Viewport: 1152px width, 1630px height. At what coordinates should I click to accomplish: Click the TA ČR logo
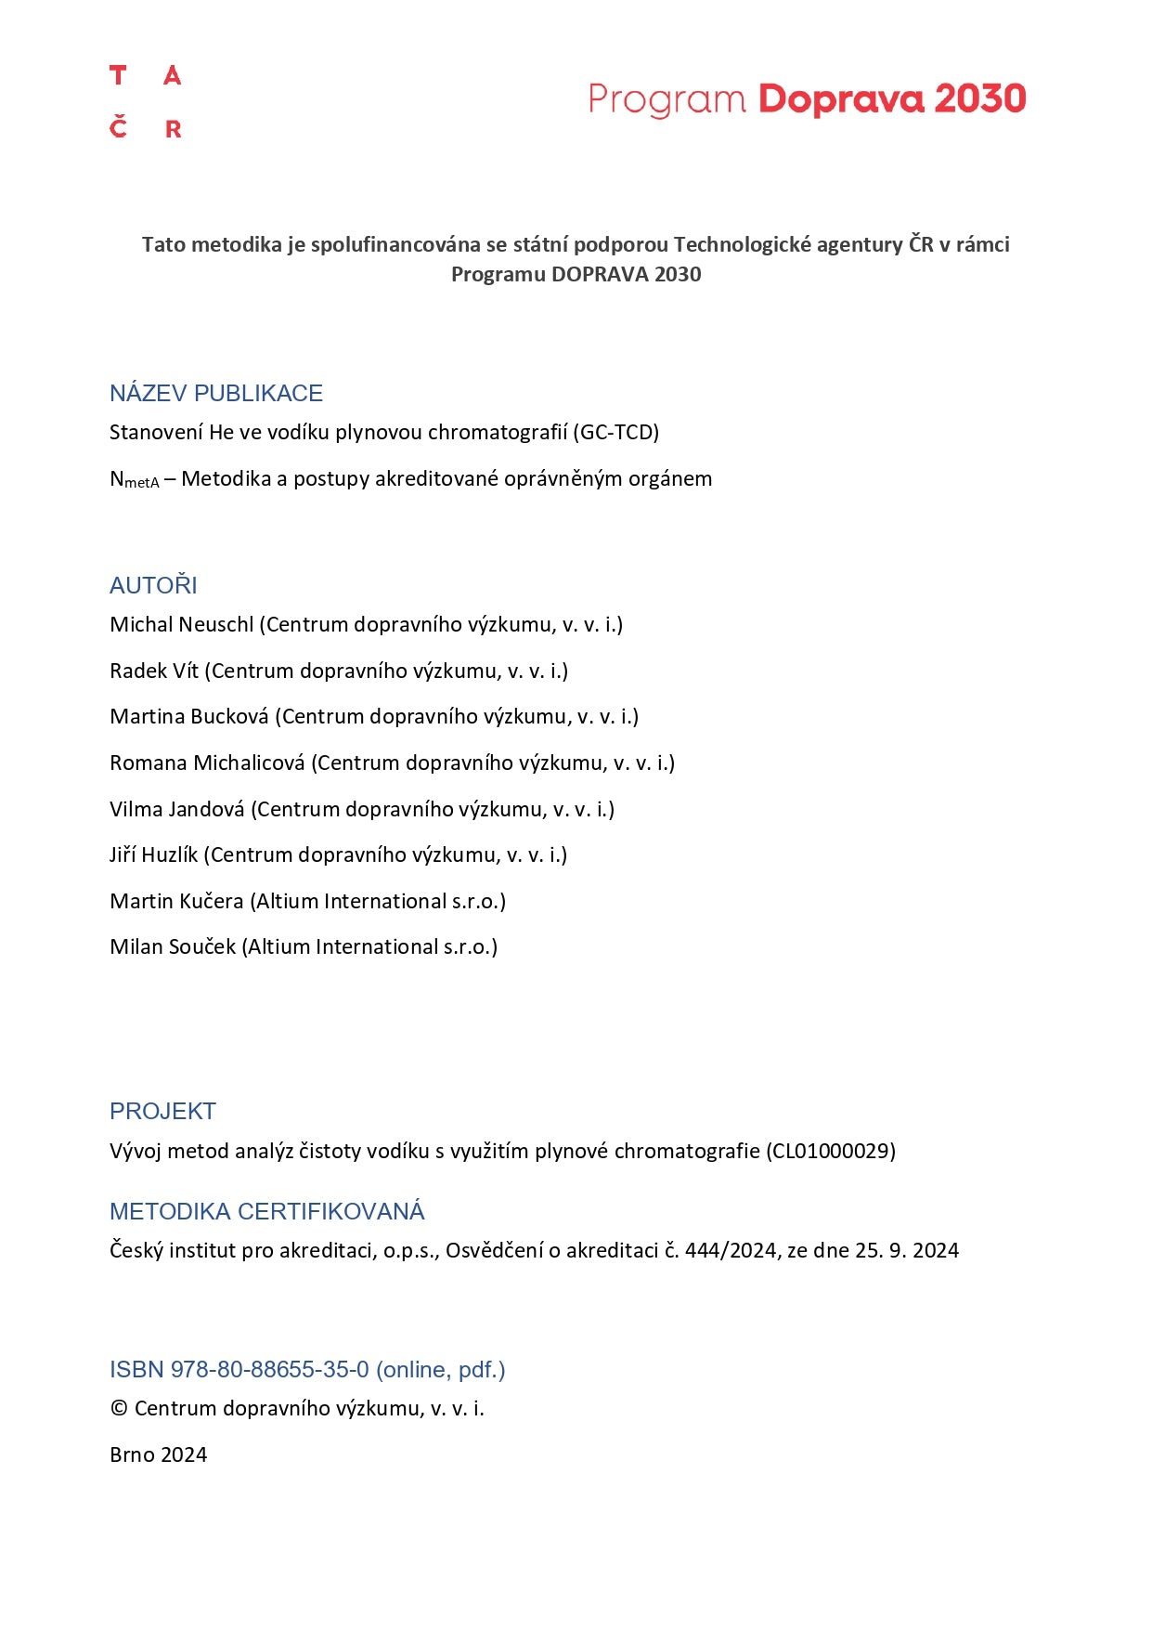(146, 102)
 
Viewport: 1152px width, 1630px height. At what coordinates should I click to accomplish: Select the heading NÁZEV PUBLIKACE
(216, 393)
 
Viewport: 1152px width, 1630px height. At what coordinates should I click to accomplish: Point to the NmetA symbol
(134, 479)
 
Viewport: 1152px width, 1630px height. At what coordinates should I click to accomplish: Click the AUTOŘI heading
(153, 585)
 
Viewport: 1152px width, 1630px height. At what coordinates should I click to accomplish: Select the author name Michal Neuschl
(181, 624)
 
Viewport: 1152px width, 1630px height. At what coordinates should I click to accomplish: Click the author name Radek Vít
(154, 671)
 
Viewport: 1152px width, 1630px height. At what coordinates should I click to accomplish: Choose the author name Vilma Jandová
(177, 809)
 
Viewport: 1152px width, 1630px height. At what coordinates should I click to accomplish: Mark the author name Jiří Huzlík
(153, 854)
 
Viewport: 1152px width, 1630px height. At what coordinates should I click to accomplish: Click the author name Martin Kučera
(176, 901)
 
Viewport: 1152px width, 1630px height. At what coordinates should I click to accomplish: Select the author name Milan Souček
(173, 946)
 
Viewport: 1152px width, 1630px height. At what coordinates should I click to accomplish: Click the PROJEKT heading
(162, 1111)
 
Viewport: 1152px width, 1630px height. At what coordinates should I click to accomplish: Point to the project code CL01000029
(831, 1151)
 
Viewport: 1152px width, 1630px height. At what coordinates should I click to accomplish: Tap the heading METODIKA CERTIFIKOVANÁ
(266, 1211)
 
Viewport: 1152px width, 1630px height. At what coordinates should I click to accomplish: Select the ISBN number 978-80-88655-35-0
(269, 1369)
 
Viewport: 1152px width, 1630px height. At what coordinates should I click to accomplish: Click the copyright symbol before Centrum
(119, 1408)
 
